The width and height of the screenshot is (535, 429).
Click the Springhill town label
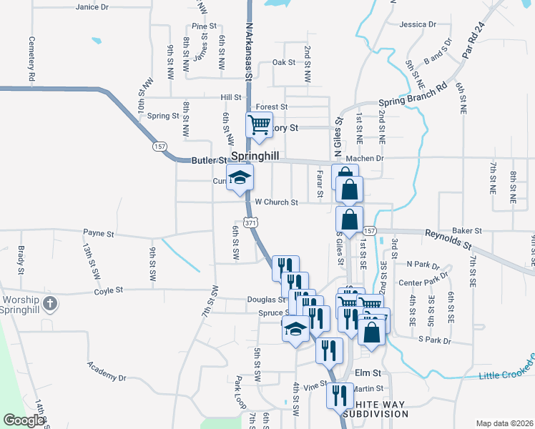coord(255,155)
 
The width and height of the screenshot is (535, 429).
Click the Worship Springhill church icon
coord(49,304)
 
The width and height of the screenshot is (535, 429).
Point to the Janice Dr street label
coord(92,6)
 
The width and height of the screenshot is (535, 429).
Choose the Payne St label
coord(99,233)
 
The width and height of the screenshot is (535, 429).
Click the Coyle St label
coord(109,290)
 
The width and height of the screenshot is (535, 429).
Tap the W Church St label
coord(276,202)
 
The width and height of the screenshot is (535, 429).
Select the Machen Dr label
coord(365,158)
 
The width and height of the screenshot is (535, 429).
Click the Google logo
coord(24,420)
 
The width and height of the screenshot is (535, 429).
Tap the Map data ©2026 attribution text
coord(503,423)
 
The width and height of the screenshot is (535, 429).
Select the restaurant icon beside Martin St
coord(339,395)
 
